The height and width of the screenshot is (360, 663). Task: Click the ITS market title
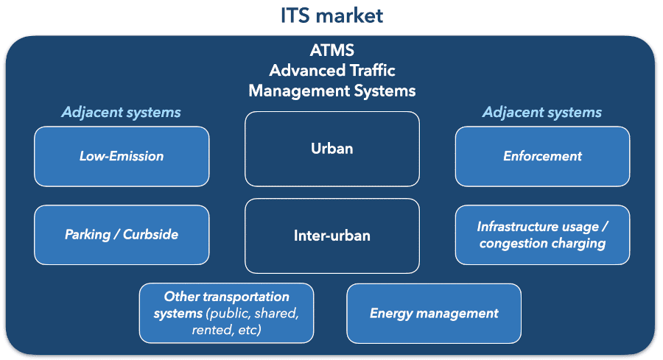tap(331, 15)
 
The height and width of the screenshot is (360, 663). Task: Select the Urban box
tap(331, 149)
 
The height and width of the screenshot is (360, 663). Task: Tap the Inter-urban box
tap(331, 236)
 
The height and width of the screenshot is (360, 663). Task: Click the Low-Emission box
tap(122, 156)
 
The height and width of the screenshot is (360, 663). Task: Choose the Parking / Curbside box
tap(122, 235)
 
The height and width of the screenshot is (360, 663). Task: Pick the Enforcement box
tap(542, 156)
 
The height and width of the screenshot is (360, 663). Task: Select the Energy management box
tap(434, 314)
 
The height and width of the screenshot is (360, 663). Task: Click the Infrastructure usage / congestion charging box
tap(542, 235)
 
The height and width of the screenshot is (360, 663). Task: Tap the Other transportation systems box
tap(226, 314)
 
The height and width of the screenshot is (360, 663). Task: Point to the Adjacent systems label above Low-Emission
tap(122, 113)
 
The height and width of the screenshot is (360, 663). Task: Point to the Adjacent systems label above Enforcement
tap(542, 113)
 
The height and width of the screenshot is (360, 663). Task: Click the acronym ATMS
tap(331, 51)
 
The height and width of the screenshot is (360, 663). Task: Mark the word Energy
tap(391, 314)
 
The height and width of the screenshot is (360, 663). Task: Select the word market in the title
tap(352, 15)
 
